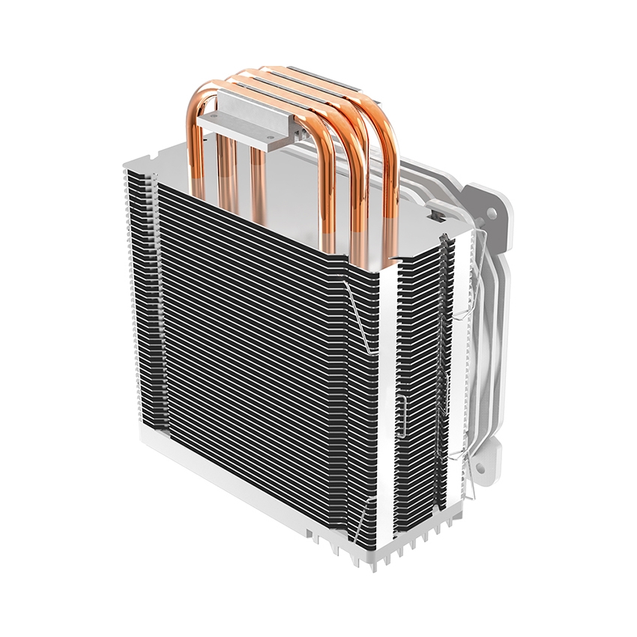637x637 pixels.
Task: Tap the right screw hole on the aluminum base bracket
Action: (268, 136)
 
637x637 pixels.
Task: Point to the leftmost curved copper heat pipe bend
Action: (196, 112)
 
